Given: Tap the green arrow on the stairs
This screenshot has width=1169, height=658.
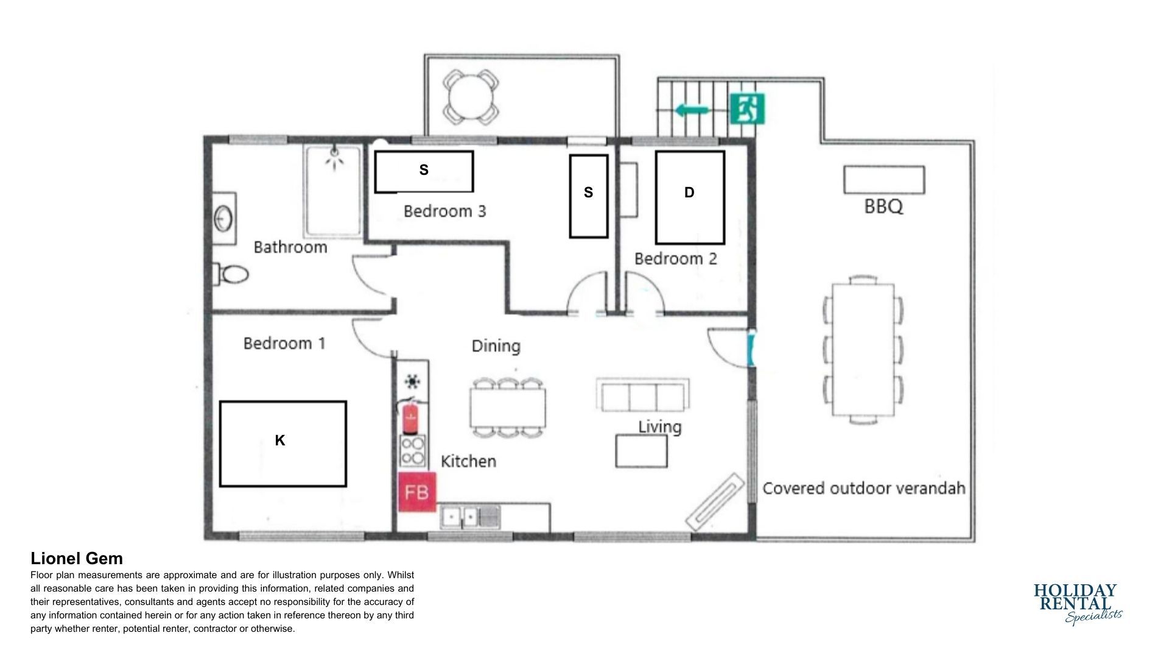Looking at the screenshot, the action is coord(692,110).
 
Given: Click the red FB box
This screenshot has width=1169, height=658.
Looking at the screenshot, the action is coord(417,491).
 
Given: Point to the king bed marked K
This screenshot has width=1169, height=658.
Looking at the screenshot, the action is coord(283,444).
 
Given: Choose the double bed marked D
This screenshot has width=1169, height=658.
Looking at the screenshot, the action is coord(690,197).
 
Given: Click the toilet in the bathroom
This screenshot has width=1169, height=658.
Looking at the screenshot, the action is coord(231,275).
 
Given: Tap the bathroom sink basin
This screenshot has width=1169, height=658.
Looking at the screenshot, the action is coord(223,218).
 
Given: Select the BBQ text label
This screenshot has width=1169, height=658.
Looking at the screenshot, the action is coord(883,207).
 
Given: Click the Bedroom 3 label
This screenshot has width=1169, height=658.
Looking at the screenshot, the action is coord(445,211).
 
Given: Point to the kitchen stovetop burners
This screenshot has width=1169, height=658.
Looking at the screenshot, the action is coord(413,451).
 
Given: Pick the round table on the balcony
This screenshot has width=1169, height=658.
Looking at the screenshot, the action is coord(471,96).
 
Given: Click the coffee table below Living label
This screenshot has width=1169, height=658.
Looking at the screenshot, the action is coord(641,451).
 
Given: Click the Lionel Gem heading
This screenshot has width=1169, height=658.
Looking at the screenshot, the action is coord(77,559).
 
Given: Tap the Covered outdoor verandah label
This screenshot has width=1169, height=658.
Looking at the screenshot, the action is coord(864,489).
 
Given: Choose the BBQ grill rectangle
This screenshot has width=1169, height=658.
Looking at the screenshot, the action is coord(884,180).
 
